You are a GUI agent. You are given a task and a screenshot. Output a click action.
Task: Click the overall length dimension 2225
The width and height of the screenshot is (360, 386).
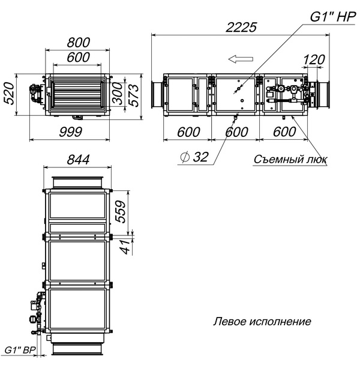(x=241, y=27)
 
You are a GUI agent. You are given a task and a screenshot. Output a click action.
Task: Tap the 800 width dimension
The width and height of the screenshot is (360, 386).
(x=79, y=43)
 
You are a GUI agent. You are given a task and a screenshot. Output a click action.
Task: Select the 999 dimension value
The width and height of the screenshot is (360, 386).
(x=70, y=132)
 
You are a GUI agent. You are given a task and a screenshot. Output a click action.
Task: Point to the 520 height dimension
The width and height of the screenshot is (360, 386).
(x=9, y=94)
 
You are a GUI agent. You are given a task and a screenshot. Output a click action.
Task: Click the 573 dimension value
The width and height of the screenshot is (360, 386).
(x=134, y=95)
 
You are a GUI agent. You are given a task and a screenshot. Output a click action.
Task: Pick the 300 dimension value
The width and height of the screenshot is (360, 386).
(x=118, y=94)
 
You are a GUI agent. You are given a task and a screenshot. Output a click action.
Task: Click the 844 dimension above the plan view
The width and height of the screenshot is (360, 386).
(x=78, y=160)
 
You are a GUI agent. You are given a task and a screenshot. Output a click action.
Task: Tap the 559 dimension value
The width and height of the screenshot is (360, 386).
(x=121, y=212)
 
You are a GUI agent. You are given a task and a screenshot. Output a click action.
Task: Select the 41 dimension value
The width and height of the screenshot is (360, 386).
(x=125, y=246)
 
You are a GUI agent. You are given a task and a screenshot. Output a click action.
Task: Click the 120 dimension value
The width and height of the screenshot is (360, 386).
(x=314, y=59)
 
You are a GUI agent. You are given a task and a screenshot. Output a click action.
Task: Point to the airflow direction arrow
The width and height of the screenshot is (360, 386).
(x=241, y=59)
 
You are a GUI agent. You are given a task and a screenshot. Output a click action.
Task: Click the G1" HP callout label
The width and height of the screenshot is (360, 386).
(x=332, y=17)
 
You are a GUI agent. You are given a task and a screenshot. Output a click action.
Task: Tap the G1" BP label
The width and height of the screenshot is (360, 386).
(x=20, y=350)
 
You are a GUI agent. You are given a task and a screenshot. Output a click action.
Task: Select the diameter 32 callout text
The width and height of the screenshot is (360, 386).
(x=194, y=157)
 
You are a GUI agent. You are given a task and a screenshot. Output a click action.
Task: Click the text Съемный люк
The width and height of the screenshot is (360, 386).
(x=290, y=159)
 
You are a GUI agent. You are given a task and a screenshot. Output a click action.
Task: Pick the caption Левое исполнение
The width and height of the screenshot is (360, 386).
(x=262, y=322)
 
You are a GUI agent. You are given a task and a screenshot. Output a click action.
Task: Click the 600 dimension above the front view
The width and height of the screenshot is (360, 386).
(x=79, y=57)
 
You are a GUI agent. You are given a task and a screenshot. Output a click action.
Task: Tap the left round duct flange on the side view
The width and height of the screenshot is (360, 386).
(x=157, y=94)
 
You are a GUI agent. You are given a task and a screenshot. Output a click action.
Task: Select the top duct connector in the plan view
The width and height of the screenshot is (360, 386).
(x=77, y=182)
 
